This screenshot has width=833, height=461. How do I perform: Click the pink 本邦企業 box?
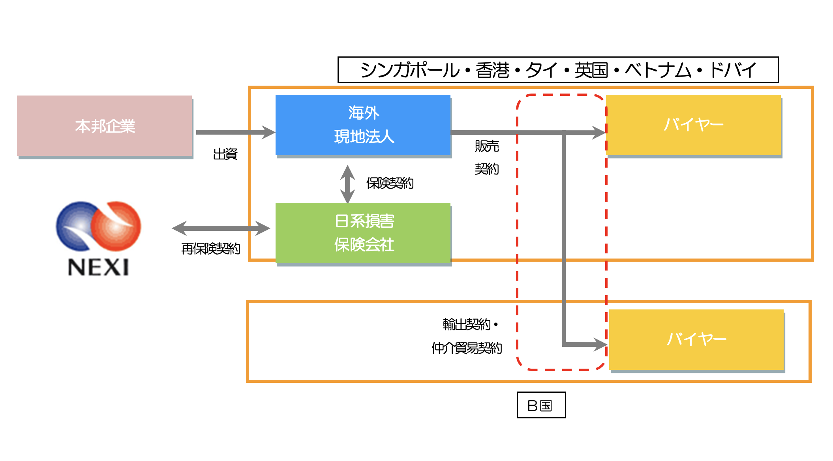(x=105, y=126)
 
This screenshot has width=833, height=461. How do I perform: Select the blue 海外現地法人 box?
(x=363, y=125)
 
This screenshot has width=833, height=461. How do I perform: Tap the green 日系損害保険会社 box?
(x=363, y=233)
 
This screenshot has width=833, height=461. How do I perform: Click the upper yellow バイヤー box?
(x=693, y=125)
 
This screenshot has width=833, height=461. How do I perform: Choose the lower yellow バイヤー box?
(x=696, y=339)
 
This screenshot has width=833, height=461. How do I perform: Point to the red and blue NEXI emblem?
(x=98, y=226)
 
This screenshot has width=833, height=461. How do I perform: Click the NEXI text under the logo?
(x=98, y=267)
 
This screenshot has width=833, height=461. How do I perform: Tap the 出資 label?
(x=225, y=154)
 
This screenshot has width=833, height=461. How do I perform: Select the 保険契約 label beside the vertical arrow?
(x=390, y=183)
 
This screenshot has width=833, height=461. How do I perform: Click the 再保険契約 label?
(x=210, y=249)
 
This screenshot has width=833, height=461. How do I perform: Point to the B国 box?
(x=541, y=405)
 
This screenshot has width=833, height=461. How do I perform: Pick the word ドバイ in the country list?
(x=733, y=70)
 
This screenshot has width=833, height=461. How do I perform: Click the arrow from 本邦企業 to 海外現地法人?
(x=235, y=132)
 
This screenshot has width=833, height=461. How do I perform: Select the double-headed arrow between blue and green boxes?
(x=347, y=184)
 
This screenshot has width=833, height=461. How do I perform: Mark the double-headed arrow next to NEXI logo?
(x=221, y=228)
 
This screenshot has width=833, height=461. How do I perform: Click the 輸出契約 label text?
(x=466, y=324)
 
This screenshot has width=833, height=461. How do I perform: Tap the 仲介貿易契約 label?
(x=467, y=348)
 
